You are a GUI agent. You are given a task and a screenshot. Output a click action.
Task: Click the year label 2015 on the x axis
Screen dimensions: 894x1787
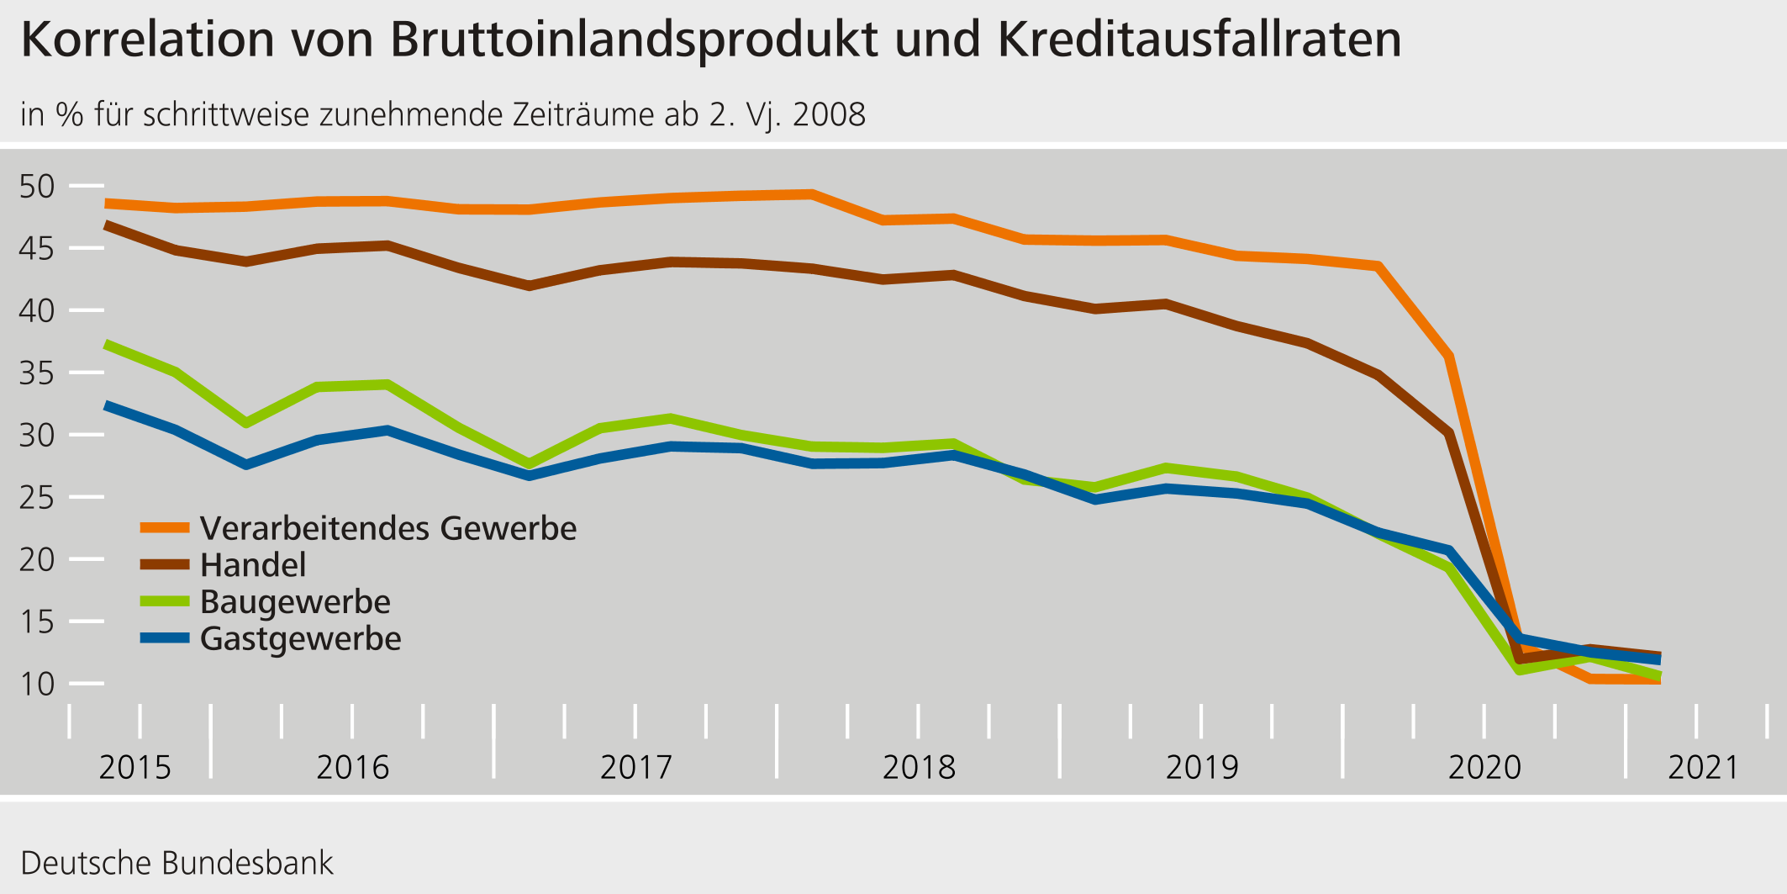(x=134, y=767)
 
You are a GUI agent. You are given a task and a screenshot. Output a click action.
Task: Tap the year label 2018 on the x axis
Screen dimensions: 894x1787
(x=919, y=767)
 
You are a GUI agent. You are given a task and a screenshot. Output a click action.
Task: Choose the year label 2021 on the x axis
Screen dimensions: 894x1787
(x=1703, y=767)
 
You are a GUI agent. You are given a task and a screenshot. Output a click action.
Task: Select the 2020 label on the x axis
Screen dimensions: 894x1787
(x=1484, y=767)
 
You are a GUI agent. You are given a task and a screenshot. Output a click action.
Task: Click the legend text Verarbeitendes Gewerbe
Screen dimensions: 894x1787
(x=388, y=528)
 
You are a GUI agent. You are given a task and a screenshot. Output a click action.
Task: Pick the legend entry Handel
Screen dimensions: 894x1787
(x=253, y=565)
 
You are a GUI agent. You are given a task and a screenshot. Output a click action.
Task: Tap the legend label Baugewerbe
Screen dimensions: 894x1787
(x=295, y=602)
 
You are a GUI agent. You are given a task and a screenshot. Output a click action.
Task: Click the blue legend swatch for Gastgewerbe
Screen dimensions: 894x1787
(x=165, y=638)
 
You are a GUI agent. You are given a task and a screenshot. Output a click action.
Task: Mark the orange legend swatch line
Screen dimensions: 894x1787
(x=165, y=528)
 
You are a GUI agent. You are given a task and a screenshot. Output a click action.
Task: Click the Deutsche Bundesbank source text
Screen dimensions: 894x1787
(x=177, y=863)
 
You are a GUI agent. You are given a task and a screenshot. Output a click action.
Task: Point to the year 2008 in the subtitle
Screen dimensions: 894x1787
(x=829, y=114)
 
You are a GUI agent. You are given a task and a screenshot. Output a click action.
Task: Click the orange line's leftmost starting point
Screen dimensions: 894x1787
(x=106, y=204)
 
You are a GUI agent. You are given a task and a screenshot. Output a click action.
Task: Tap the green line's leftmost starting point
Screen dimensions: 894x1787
(x=106, y=344)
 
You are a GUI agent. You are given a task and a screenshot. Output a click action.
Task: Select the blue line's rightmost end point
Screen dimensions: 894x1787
(x=1658, y=660)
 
